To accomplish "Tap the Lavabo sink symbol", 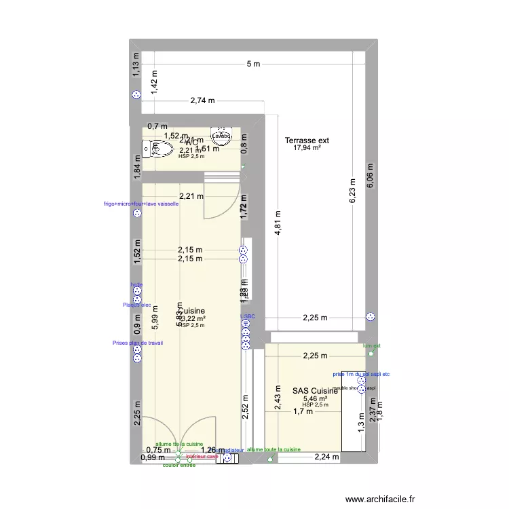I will [x=222, y=136].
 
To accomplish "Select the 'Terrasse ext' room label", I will [x=307, y=140].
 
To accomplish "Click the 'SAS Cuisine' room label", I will [x=316, y=391].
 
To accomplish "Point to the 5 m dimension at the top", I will [x=252, y=64].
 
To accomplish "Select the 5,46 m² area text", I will [x=316, y=399].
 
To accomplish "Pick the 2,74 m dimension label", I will [x=202, y=100].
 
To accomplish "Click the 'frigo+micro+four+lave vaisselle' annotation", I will [x=141, y=204].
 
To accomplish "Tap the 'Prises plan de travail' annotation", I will [x=138, y=343].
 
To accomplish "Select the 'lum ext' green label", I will [x=372, y=345].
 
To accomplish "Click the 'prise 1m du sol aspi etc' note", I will [x=361, y=374].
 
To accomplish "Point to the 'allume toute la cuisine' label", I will [x=274, y=449].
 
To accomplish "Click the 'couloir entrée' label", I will [x=180, y=465].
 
